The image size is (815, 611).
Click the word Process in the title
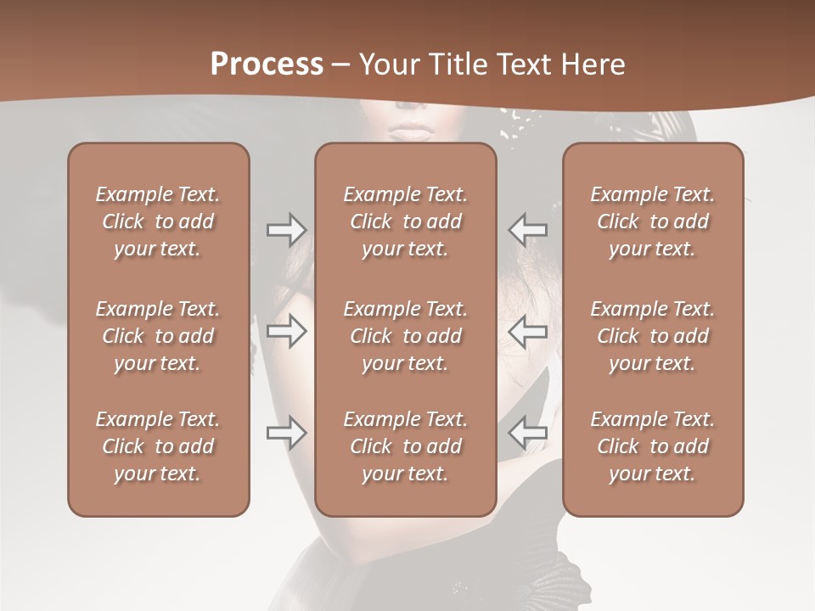(267, 64)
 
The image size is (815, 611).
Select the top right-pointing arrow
(287, 230)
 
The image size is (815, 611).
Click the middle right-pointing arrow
(287, 332)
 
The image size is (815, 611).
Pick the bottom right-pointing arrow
(287, 434)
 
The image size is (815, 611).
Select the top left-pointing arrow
(527, 230)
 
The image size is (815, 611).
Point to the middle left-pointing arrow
(527, 332)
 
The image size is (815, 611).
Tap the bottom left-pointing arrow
(527, 434)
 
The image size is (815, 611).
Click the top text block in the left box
(158, 221)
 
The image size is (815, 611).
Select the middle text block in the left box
(158, 336)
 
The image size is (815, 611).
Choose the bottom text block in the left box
(158, 446)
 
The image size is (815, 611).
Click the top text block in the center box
(406, 221)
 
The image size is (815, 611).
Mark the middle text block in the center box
(406, 336)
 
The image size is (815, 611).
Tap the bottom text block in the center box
(406, 446)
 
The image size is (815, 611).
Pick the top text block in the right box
(653, 221)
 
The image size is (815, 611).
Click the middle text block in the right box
(653, 336)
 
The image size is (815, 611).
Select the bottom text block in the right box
(653, 446)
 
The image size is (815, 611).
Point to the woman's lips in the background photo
(411, 132)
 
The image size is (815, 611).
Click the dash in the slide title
(340, 65)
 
